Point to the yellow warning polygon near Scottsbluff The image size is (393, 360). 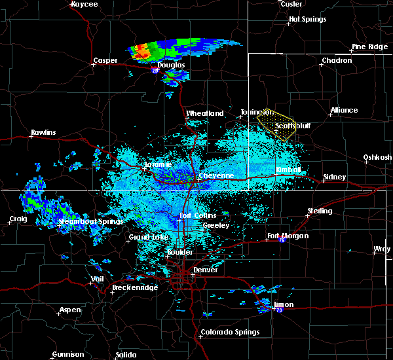(x=275, y=121)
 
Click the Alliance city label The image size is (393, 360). (x=344, y=111)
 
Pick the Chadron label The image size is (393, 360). (x=336, y=61)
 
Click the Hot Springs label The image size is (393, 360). (x=307, y=20)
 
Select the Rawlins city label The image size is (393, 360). (x=43, y=133)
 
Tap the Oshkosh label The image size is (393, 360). (x=378, y=157)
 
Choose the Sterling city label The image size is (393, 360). (x=320, y=211)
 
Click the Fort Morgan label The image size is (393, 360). (x=288, y=236)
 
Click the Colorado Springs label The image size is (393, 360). (x=230, y=332)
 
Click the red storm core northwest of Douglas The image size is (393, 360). (x=140, y=49)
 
